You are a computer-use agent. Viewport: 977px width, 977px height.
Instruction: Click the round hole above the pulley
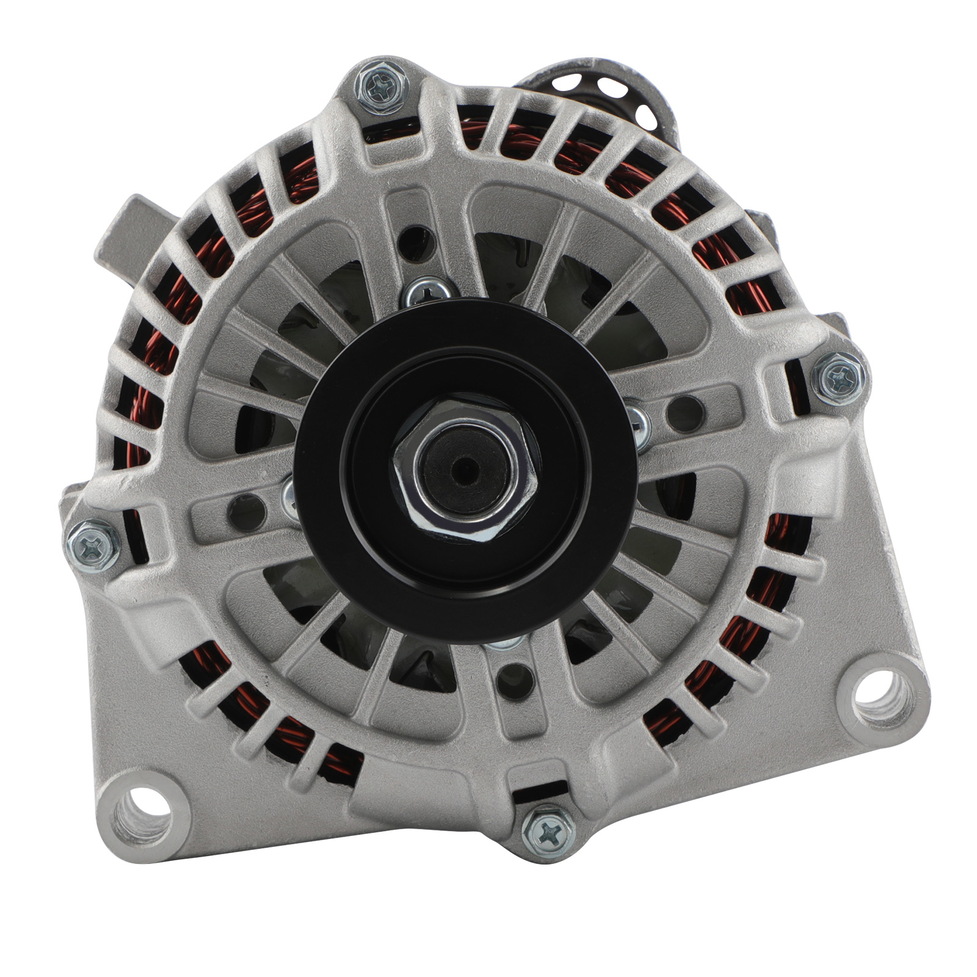pos(415,240)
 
